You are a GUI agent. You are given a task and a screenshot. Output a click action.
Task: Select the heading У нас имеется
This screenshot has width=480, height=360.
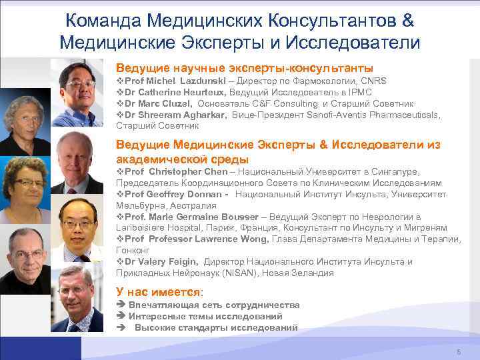[x=159, y=292]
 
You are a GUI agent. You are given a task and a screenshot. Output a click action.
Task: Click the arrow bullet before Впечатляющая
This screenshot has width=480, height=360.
[x=121, y=305]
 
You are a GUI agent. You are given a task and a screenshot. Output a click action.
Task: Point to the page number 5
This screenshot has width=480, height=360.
[x=458, y=351]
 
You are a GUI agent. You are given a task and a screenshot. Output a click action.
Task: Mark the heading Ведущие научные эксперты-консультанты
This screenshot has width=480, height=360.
[x=244, y=68]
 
